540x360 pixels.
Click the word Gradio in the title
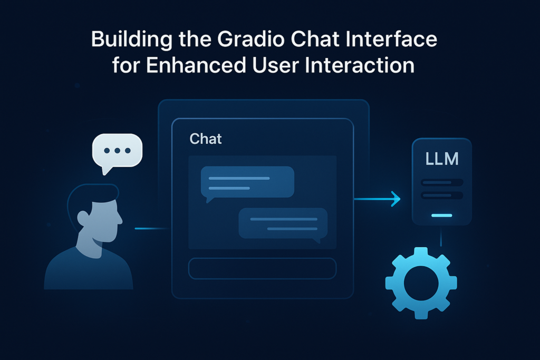(x=251, y=39)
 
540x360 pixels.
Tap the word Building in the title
(x=132, y=39)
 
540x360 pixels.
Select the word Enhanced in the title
(x=196, y=65)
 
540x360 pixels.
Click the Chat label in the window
(x=206, y=139)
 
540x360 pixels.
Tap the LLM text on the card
(x=442, y=159)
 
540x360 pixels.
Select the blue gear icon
(x=421, y=283)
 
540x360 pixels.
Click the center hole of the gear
(x=421, y=283)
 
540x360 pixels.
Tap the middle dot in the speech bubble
(x=117, y=150)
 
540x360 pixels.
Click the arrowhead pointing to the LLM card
(x=397, y=199)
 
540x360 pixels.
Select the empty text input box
(x=262, y=268)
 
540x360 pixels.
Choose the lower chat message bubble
(x=283, y=224)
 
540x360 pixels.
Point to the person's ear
(x=83, y=217)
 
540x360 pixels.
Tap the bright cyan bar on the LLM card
(x=442, y=216)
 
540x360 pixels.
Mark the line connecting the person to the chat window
(x=152, y=228)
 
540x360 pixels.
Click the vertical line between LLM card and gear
(x=441, y=238)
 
